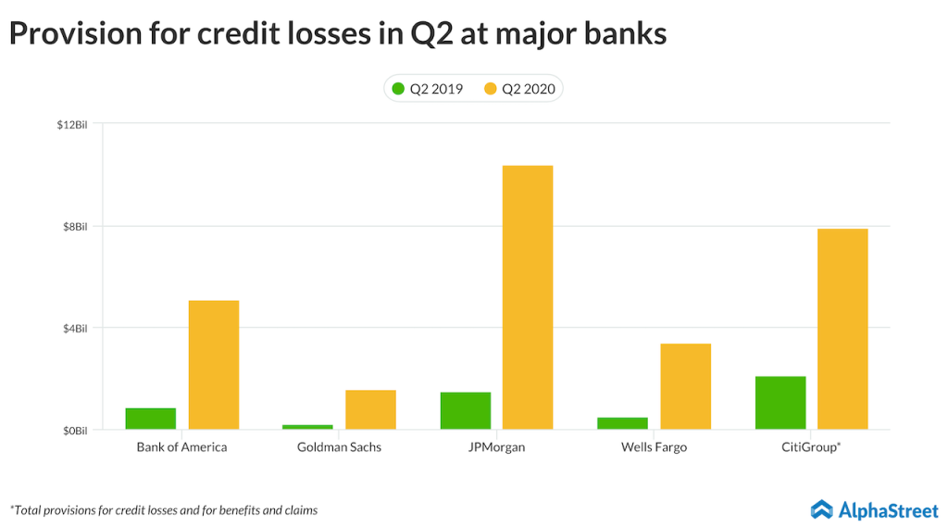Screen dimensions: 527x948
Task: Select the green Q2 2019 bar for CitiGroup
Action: pyautogui.click(x=780, y=403)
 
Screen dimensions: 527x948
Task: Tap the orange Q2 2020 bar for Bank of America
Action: pyautogui.click(x=214, y=365)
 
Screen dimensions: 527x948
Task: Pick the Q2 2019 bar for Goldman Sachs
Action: pyautogui.click(x=307, y=427)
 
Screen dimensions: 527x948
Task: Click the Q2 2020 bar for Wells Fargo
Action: pyautogui.click(x=685, y=386)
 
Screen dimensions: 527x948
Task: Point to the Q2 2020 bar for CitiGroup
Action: pyautogui.click(x=842, y=329)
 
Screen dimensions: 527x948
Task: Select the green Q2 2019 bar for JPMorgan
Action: pyautogui.click(x=466, y=411)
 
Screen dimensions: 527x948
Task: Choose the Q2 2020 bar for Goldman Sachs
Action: pyautogui.click(x=370, y=409)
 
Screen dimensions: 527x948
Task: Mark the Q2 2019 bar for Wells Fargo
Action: pyautogui.click(x=622, y=423)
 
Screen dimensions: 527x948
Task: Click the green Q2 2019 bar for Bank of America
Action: pyautogui.click(x=151, y=419)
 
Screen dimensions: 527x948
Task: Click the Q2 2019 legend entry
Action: pyautogui.click(x=427, y=89)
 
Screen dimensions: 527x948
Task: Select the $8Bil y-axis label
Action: pyautogui.click(x=73, y=226)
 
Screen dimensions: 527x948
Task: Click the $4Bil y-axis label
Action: pyautogui.click(x=73, y=328)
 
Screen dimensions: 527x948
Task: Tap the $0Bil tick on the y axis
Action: pyautogui.click(x=73, y=431)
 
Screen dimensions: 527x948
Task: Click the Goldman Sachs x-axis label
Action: pyautogui.click(x=339, y=447)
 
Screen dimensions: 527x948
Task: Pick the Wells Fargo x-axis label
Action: pyautogui.click(x=654, y=447)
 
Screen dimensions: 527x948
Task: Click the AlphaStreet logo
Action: pyautogui.click(x=874, y=509)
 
